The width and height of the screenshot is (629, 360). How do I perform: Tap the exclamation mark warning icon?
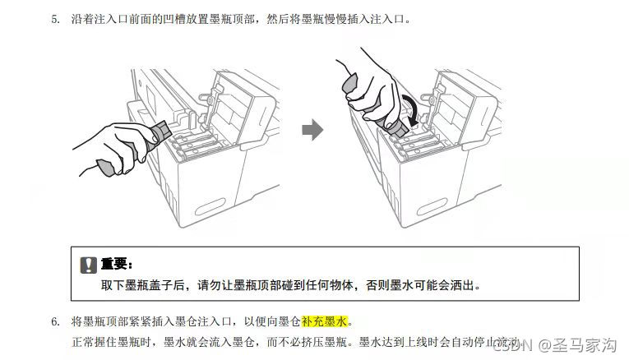[x=88, y=265]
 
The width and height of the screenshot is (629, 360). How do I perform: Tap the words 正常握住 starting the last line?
[x=91, y=340]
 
